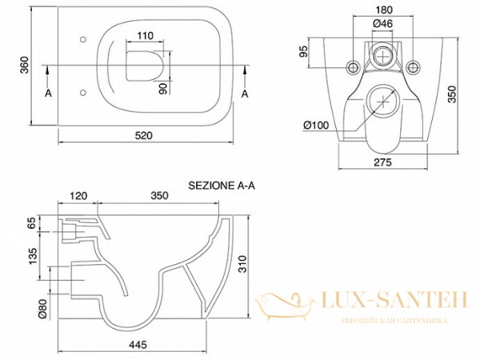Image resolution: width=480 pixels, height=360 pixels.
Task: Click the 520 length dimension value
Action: coord(143,137)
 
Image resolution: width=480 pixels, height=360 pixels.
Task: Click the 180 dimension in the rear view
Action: coord(384,10)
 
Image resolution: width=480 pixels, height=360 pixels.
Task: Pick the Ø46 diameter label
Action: coord(382,25)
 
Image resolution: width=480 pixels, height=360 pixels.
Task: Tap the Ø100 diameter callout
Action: coord(317,124)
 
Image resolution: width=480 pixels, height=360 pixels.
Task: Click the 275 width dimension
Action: coord(383,163)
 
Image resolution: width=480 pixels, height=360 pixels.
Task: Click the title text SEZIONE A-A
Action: coord(221,184)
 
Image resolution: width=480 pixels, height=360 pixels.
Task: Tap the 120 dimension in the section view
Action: coord(78,195)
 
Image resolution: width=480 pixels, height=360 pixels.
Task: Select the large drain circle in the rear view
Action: coord(385,102)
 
